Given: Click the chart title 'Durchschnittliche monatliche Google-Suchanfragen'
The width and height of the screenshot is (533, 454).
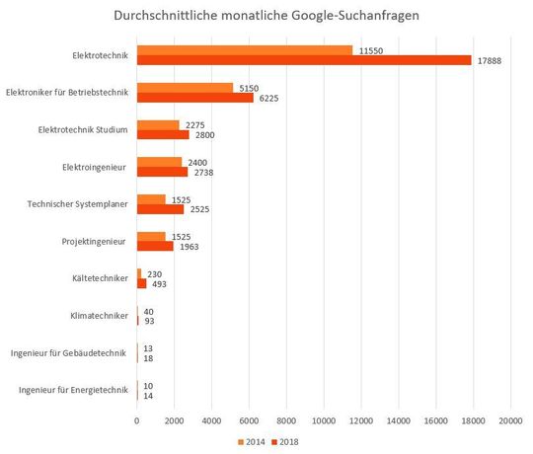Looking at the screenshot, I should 266,17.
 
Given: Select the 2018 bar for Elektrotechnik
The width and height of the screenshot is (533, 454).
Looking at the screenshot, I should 304,60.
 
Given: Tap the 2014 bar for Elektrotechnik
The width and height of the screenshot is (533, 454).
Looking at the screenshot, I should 245,49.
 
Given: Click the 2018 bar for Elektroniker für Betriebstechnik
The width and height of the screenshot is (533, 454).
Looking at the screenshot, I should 195,98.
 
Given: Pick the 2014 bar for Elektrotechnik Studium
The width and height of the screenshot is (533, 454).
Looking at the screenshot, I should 158,124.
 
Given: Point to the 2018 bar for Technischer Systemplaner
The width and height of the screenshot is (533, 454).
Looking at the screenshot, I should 160,209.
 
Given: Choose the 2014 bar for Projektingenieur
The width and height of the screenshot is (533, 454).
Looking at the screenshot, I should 151,236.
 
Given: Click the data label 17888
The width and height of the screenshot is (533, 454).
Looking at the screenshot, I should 489,60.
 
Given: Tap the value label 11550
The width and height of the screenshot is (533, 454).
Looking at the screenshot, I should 371,49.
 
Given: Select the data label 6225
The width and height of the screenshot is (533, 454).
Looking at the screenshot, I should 270,98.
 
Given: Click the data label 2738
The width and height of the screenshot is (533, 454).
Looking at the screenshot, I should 205,173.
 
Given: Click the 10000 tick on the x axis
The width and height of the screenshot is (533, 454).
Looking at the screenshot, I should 324,422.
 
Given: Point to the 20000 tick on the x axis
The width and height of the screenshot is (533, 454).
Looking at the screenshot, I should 510,422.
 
